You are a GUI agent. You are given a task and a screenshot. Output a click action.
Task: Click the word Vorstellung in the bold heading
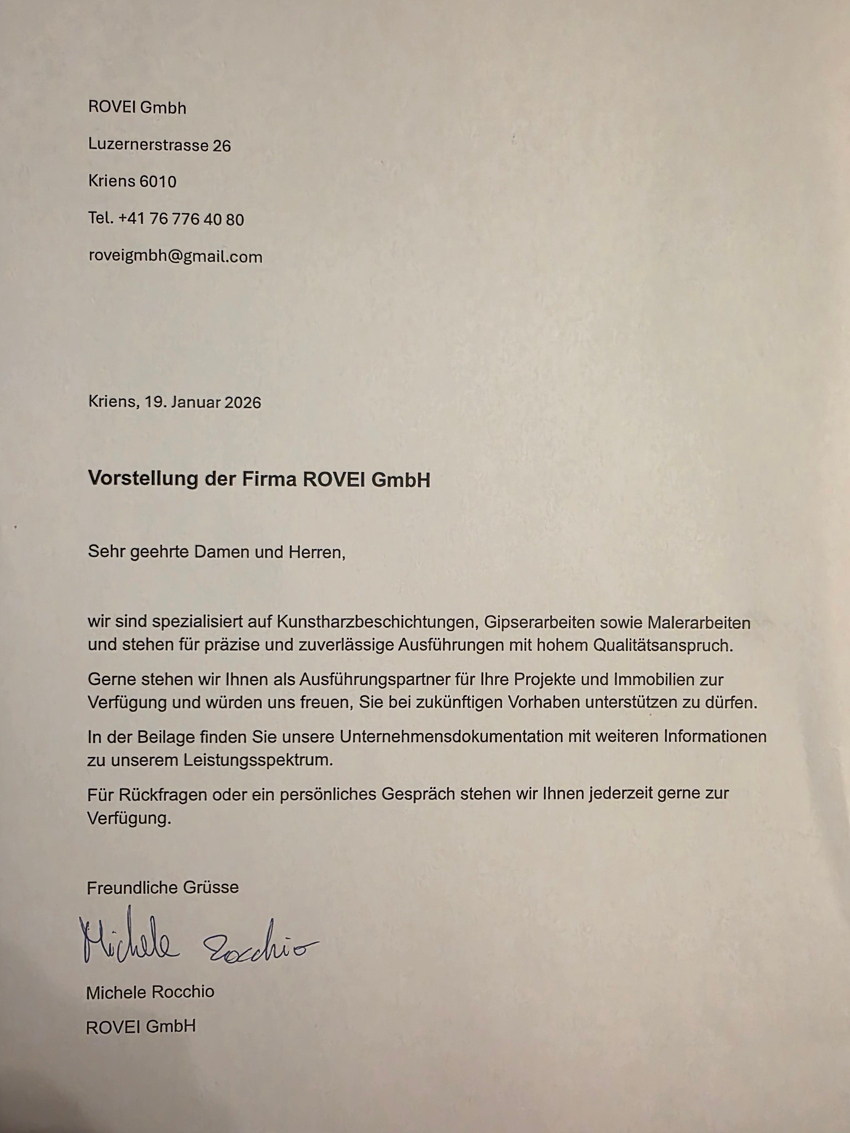[143, 478]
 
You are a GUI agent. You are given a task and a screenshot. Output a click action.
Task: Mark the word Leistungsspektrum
[258, 760]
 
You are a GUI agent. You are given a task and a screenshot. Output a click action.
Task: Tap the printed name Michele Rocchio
[150, 992]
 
